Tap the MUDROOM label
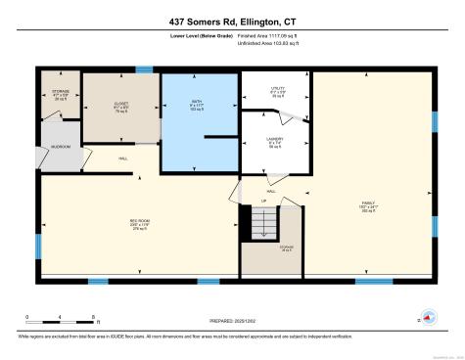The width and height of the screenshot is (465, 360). [60, 147]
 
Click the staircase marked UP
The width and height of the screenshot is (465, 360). [261, 224]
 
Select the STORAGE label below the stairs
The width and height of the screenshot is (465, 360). [260, 249]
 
